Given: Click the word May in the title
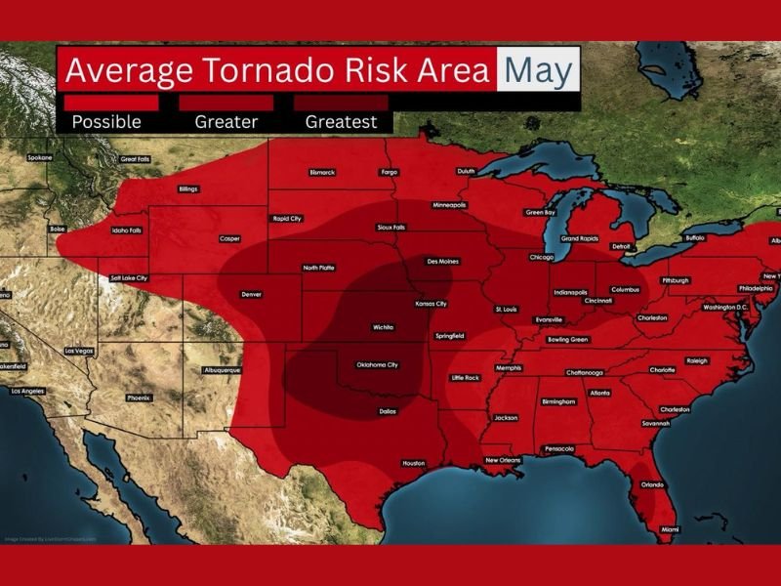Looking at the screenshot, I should click(537, 71).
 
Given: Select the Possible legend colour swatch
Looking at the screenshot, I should click(110, 103).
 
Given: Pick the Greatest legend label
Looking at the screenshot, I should click(341, 122).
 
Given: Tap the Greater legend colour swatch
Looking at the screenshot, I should click(226, 103).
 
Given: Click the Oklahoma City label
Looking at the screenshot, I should click(379, 365).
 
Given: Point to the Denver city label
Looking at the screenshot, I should click(252, 294).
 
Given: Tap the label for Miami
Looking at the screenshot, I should click(670, 529).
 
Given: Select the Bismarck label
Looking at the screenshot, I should click(322, 172).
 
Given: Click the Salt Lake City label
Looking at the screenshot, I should click(128, 277).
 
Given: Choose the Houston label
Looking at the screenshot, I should click(413, 463).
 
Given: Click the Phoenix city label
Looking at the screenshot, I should click(139, 398).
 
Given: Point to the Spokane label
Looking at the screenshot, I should click(40, 157).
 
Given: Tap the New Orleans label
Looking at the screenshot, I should click(504, 460).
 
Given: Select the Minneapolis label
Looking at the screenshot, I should click(449, 205).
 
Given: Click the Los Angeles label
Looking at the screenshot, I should click(27, 391).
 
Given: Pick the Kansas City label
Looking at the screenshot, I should click(431, 304).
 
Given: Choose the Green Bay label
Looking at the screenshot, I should click(540, 212).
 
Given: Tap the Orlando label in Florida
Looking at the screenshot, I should click(651, 484).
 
